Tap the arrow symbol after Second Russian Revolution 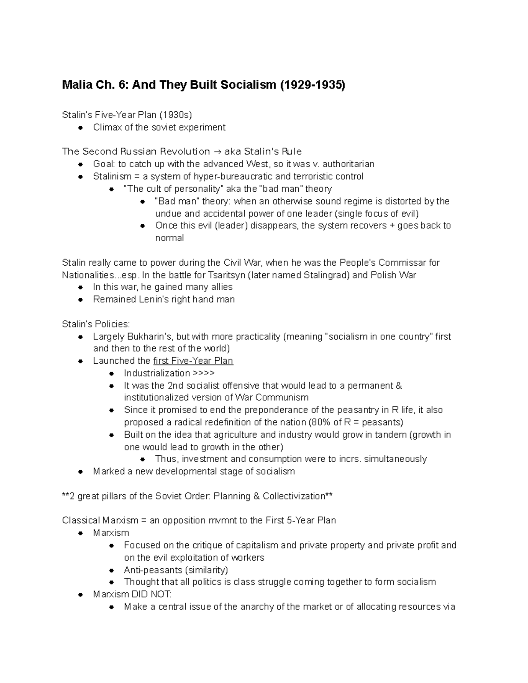coord(217,152)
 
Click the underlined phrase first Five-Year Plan coord(193,361)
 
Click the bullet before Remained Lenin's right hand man coord(80,300)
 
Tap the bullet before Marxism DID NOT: coord(80,595)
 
